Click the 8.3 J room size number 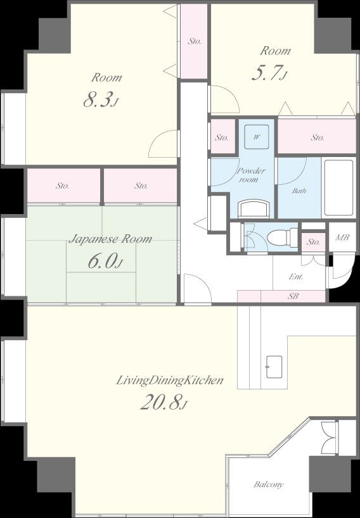pos(101,100)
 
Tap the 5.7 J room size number pos(269,73)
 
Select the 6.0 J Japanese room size pos(105,261)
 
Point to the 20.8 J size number pos(164,402)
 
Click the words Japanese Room pos(110,239)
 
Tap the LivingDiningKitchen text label pos(170,380)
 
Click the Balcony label pos(269,484)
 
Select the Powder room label pos(251,175)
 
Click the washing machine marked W pos(257,137)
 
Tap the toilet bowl pos(279,237)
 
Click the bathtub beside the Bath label pos(338,188)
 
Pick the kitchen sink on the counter pos(274,367)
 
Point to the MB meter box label pos(342,237)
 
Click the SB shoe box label pos(293,296)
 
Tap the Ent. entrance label pos(296,277)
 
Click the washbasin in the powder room pos(254,208)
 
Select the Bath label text pos(299,191)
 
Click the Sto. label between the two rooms pos(195,41)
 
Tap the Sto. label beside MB pos(313,242)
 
